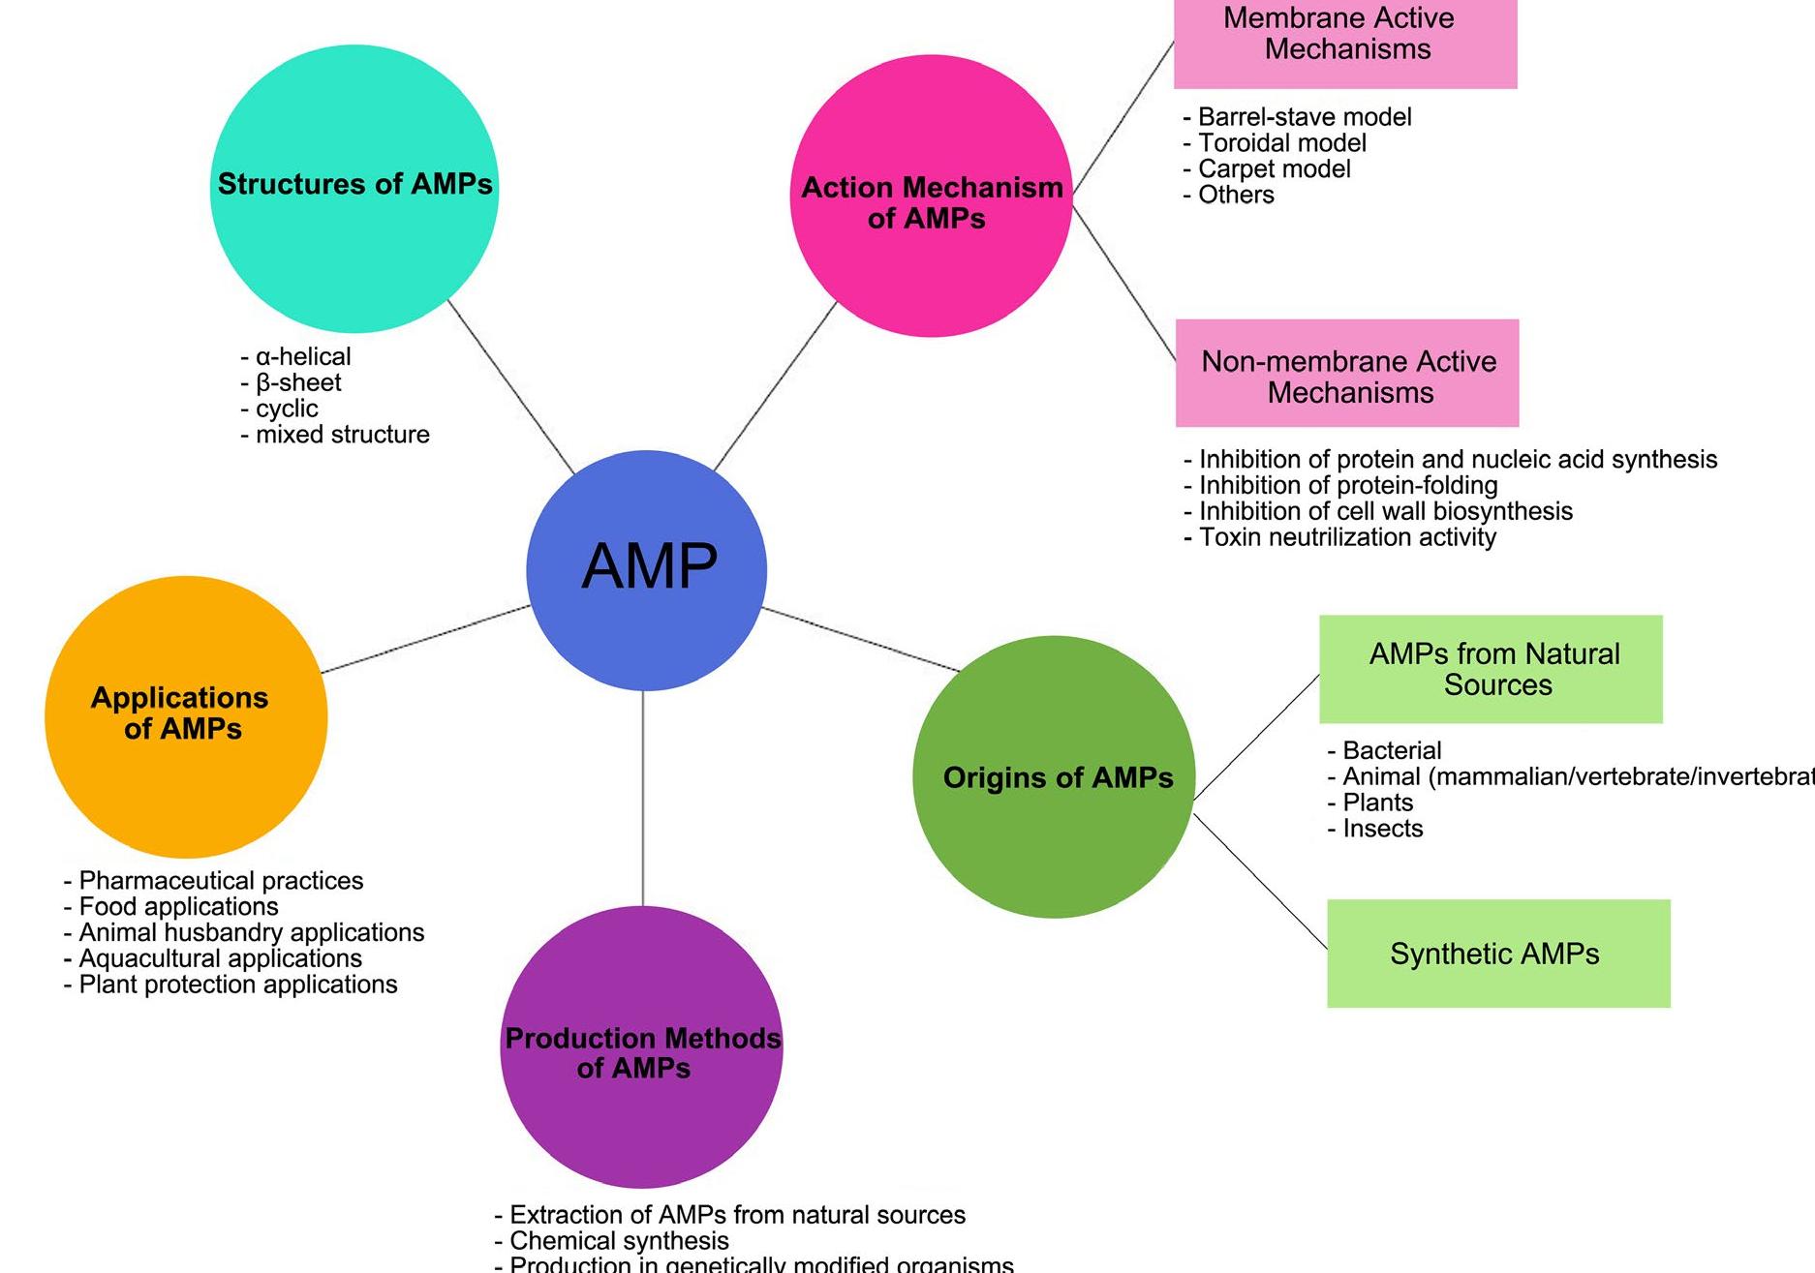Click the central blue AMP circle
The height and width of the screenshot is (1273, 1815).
tap(646, 570)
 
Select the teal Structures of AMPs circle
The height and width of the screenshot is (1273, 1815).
tap(354, 189)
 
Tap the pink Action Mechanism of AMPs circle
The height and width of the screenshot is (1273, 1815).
tap(931, 197)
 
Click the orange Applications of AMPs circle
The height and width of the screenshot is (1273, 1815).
tap(186, 716)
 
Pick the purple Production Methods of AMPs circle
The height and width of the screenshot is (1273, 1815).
tap(641, 1046)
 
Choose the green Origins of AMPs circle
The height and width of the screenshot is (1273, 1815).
tap(1054, 776)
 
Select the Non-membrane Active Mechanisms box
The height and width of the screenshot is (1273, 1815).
tap(1347, 374)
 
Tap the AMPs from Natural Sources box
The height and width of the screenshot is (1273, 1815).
tap(1491, 669)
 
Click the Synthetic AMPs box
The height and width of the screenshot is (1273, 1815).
tap(1497, 954)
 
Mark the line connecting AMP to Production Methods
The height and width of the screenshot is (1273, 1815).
tap(643, 799)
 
